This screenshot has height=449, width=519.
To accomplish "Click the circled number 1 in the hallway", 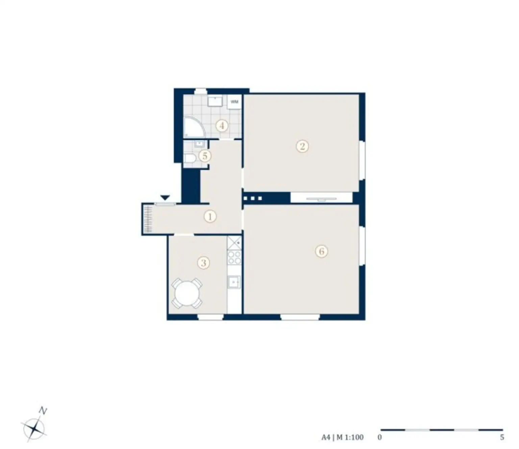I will tap(210, 216).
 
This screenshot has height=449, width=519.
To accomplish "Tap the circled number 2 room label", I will tap(302, 146).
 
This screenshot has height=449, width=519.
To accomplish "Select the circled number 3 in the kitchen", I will tap(203, 263).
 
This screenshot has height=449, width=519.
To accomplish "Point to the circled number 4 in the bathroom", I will tap(222, 126).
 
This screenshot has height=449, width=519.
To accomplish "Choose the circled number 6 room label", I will tap(321, 251).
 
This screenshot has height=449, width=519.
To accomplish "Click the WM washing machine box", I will tap(234, 102).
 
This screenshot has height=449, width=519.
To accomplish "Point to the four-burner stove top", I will tap(234, 258).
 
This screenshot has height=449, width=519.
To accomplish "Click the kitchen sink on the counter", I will tap(234, 282).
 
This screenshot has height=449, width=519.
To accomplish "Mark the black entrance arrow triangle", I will tap(165, 198).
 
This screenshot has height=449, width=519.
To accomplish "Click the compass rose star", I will tap(34, 429).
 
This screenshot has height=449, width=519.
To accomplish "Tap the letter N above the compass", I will tap(43, 411).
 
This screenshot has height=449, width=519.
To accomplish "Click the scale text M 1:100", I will tap(350, 437).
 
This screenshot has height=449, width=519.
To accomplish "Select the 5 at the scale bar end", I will tap(502, 438).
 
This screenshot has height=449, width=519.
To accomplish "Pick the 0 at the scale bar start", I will tap(380, 438).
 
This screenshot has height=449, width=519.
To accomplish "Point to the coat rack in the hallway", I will tap(148, 219).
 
